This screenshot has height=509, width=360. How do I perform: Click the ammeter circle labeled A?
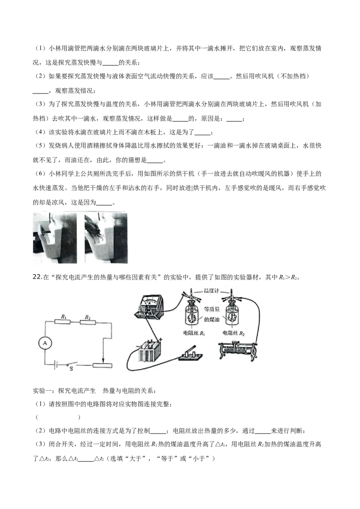pyautogui.click(x=45, y=343)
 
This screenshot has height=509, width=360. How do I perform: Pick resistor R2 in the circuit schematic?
pyautogui.click(x=88, y=321)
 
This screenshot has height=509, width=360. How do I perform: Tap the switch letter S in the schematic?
pyautogui.click(x=71, y=369)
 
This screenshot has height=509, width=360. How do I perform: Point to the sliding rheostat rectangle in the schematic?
pyautogui.click(x=102, y=365)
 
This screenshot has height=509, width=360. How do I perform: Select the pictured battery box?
pyautogui.click(x=149, y=350)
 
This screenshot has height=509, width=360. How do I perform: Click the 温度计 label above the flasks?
pyautogui.click(x=211, y=290)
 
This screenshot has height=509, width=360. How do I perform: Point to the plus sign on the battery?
pyautogui.click(x=161, y=339)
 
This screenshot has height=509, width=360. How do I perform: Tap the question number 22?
pyautogui.click(x=37, y=277)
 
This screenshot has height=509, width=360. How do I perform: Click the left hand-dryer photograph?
pyautogui.click(x=55, y=238)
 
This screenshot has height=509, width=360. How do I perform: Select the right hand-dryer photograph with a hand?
pyautogui.click(x=106, y=238)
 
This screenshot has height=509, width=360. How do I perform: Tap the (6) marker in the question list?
pyautogui.click(x=40, y=174)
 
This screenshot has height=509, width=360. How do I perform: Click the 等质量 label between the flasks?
pyautogui.click(x=212, y=309)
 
